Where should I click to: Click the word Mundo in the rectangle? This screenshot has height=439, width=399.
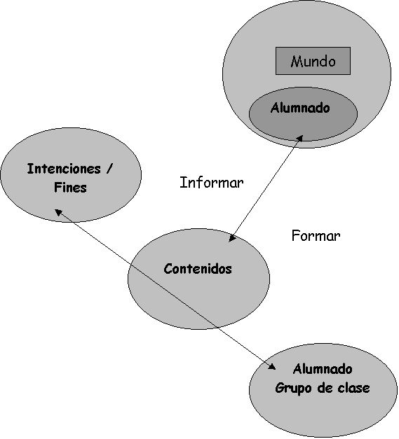click(x=313, y=61)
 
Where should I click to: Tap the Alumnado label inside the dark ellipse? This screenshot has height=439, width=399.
click(x=300, y=108)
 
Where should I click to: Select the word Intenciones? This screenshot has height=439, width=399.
click(x=64, y=169)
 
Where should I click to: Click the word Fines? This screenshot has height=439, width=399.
click(x=70, y=188)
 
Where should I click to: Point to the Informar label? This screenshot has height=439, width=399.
click(x=211, y=183)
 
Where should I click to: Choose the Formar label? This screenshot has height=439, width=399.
click(x=316, y=235)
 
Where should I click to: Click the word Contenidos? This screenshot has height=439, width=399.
click(x=198, y=269)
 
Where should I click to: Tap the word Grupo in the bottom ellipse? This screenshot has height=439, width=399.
click(x=293, y=389)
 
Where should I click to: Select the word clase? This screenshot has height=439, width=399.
click(x=353, y=388)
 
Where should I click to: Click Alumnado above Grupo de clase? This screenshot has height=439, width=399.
click(x=323, y=369)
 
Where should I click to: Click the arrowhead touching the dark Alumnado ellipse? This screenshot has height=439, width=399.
click(x=300, y=139)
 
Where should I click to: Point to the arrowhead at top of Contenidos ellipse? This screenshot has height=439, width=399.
click(x=232, y=238)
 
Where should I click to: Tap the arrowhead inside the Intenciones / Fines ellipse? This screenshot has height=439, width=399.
click(x=58, y=212)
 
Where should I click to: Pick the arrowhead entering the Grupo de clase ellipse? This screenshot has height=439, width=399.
click(x=271, y=366)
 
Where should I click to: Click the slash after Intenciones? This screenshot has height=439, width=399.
click(x=109, y=169)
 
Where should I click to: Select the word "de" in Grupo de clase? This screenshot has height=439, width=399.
click(x=325, y=388)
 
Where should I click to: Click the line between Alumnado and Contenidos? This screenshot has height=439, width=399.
click(x=266, y=188)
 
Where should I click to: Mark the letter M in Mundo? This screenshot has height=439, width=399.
click(x=296, y=62)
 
